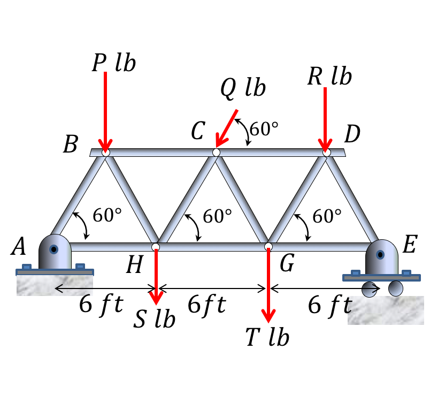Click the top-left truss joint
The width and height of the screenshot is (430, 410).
point(106,153)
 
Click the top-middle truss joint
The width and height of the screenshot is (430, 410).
point(216,153)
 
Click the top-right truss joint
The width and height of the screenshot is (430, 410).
point(326,153)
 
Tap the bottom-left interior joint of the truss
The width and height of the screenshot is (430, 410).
point(156,247)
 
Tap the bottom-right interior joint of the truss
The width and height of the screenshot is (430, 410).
point(268,247)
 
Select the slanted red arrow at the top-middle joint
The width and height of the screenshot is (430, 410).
point(227,128)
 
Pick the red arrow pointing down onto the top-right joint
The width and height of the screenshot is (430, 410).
point(325,118)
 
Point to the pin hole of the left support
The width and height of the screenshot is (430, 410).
point(53,249)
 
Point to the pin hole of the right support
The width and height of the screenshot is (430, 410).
point(380,255)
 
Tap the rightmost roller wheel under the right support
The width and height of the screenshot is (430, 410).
point(396,288)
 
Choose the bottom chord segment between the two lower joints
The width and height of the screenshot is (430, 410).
point(212,247)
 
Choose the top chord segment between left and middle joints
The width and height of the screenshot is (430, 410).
point(161,153)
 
